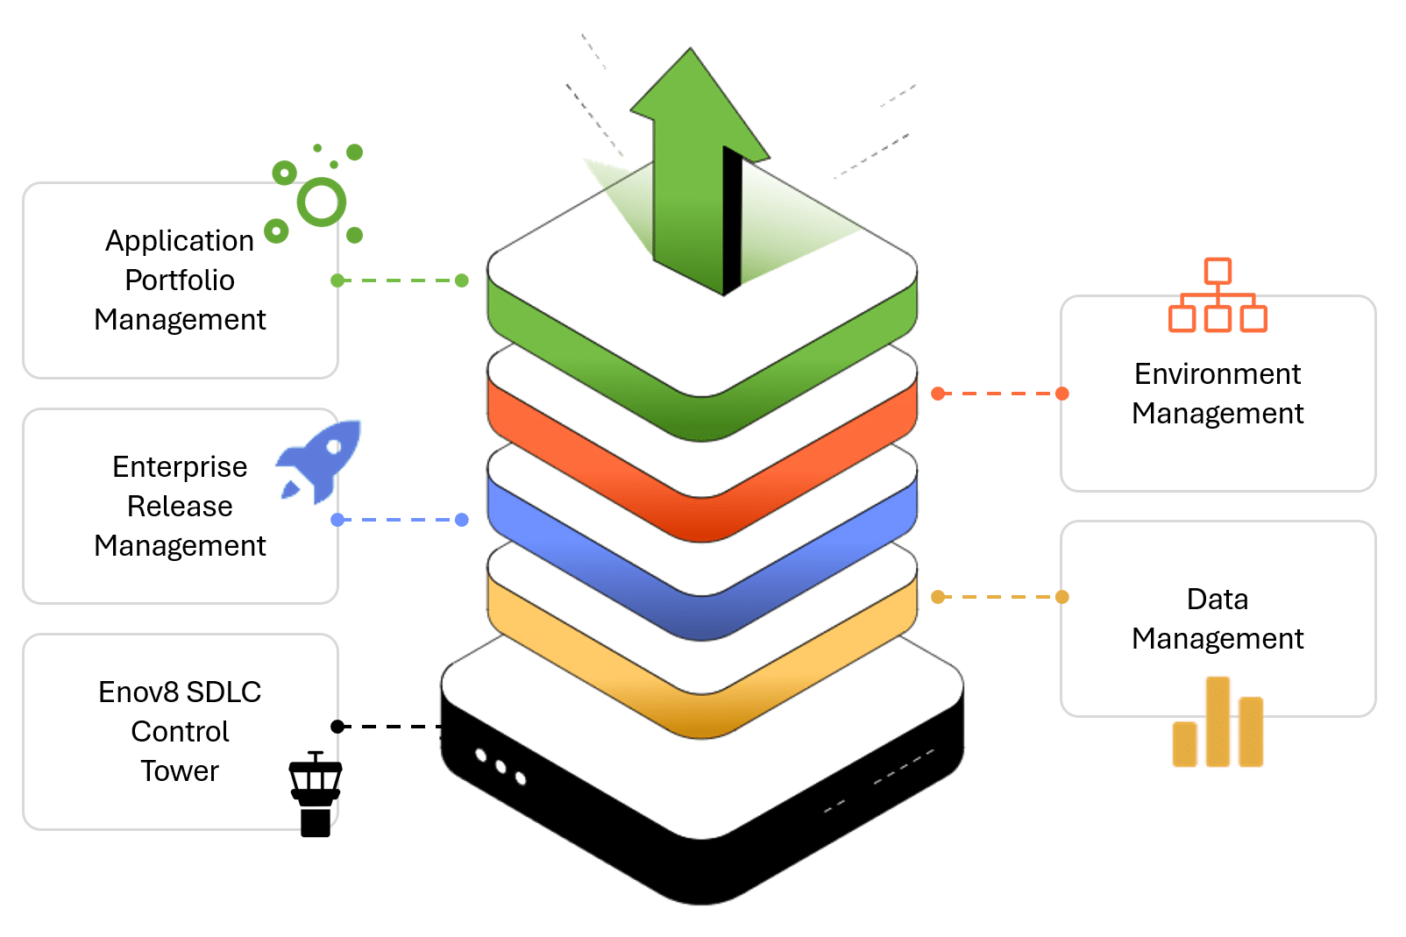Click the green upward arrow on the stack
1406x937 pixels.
pos(692,175)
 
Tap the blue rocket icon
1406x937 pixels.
pos(321,459)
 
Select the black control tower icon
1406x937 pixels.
pos(315,794)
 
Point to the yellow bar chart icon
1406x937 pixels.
pos(1218,723)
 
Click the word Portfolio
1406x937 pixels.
pos(180,280)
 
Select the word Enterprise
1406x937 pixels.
pos(180,467)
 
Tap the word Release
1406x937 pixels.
pos(180,507)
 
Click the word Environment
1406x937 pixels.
pos(1218,374)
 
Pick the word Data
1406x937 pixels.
pos(1218,600)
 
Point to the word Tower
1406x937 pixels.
pos(180,771)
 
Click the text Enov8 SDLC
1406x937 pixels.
pos(180,692)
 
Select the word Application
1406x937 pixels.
pos(180,241)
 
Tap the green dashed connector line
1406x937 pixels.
pos(400,280)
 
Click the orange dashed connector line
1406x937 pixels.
pos(1000,394)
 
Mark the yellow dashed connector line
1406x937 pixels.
pos(1000,597)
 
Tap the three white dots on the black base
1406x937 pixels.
pos(501,767)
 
